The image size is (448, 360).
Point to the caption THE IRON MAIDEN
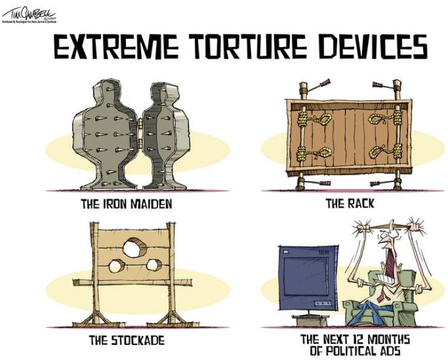(x=127, y=204)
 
